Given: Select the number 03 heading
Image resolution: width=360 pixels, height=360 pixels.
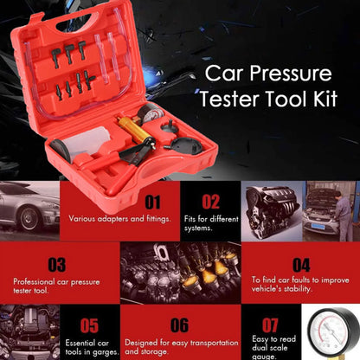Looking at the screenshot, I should click(57, 265).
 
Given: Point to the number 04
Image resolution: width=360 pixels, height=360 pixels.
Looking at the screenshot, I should click(300, 265).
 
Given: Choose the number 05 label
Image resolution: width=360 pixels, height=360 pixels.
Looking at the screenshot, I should click(89, 326).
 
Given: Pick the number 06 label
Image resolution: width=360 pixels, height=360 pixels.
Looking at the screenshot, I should click(178, 326).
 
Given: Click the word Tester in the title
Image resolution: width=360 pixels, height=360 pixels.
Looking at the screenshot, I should click(235, 121).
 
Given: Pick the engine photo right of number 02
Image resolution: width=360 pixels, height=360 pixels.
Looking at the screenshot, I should click(279, 208).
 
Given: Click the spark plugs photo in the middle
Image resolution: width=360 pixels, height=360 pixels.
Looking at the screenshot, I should click(179, 270).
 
